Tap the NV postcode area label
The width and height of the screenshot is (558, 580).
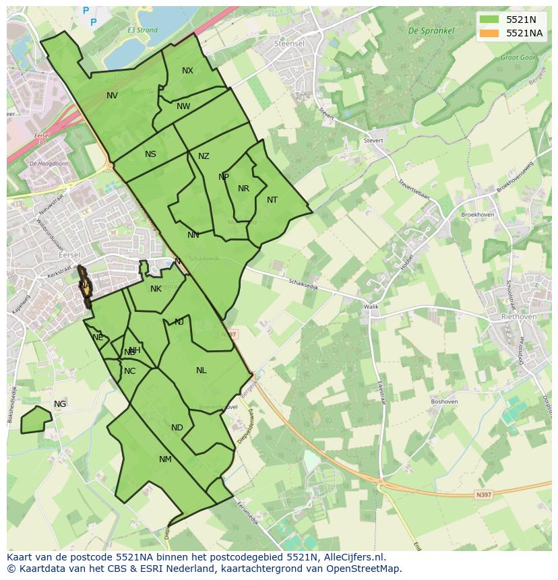[112, 96]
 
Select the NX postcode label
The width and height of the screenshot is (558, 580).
[187, 71]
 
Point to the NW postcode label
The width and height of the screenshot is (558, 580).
[183, 106]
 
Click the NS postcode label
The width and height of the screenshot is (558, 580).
[150, 154]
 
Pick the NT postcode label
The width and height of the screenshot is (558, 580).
[272, 200]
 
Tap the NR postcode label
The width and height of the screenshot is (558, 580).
[243, 189]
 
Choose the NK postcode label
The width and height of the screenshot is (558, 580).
[156, 289]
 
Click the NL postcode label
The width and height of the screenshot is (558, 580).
[201, 370]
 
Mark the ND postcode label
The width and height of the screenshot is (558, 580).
[177, 428]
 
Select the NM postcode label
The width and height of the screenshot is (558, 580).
[165, 459]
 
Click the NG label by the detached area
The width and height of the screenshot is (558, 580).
[60, 404]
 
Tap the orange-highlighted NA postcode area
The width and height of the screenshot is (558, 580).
[85, 286]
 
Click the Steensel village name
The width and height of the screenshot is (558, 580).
[289, 43]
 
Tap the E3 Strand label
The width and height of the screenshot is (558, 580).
[142, 30]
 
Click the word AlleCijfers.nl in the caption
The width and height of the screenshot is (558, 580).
[351, 557]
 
